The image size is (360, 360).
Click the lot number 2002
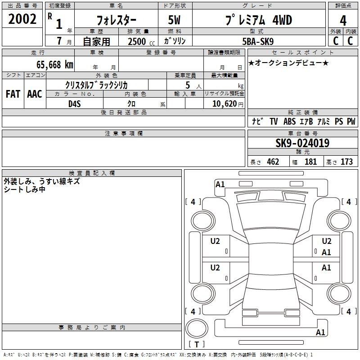(x=22, y=19)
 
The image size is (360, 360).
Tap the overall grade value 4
(x=343, y=21)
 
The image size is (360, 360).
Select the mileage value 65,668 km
(x=55, y=65)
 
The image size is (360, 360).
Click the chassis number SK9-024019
(x=302, y=143)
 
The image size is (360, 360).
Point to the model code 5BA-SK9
(x=258, y=41)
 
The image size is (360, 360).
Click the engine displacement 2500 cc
(x=141, y=41)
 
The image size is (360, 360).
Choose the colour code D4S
(x=75, y=104)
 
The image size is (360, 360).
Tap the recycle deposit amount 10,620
(x=224, y=104)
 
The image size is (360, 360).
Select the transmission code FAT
(x=13, y=94)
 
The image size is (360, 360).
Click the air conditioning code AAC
(x=35, y=94)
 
